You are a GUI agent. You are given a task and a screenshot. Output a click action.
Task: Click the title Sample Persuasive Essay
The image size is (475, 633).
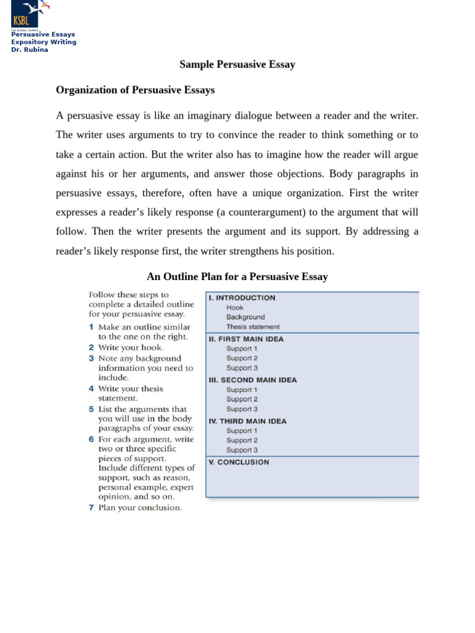pyautogui.click(x=237, y=64)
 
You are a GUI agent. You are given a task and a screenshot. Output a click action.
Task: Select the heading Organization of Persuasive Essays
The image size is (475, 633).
pyautogui.click(x=135, y=90)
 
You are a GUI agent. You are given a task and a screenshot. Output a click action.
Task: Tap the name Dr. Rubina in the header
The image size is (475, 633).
pyautogui.click(x=30, y=49)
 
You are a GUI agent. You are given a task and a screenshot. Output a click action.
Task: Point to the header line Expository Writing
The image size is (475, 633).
pyautogui.click(x=44, y=42)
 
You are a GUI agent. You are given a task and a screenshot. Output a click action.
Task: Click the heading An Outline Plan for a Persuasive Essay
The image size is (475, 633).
pyautogui.click(x=237, y=276)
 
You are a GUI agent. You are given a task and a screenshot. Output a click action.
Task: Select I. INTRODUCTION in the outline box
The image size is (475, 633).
pyautogui.click(x=242, y=297)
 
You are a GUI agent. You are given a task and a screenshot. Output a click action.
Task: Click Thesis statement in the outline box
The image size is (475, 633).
pyautogui.click(x=252, y=326)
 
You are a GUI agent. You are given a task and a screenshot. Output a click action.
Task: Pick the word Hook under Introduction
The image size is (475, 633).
pyautogui.click(x=234, y=307)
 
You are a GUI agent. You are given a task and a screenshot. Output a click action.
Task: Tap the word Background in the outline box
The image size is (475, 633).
pyautogui.click(x=245, y=317)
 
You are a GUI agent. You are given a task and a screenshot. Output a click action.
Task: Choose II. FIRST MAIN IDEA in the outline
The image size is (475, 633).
pyautogui.click(x=246, y=339)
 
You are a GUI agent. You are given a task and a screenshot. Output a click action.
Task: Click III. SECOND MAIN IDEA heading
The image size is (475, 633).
pyautogui.click(x=252, y=380)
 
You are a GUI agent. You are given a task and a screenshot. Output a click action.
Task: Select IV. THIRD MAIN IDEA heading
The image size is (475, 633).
pyautogui.click(x=247, y=421)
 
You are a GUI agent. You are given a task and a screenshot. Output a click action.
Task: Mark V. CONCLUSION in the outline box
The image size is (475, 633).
pyautogui.click(x=239, y=462)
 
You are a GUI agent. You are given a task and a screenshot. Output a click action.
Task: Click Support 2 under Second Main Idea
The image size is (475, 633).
pyautogui.click(x=242, y=399)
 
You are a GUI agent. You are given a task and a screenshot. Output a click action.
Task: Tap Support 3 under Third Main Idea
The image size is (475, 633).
pyautogui.click(x=242, y=450)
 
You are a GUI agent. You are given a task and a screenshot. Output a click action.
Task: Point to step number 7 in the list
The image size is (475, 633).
pyautogui.click(x=91, y=508)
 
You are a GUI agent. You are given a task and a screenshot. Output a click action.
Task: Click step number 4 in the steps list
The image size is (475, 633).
pyautogui.click(x=91, y=389)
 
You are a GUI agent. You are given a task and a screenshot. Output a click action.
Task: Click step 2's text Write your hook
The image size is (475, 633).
pyautogui.click(x=131, y=347)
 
